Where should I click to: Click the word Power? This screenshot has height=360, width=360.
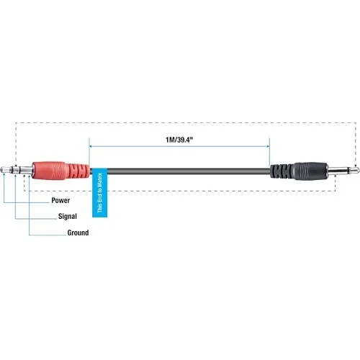coord(60,199)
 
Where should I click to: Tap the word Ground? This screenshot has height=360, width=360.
coord(78,233)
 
